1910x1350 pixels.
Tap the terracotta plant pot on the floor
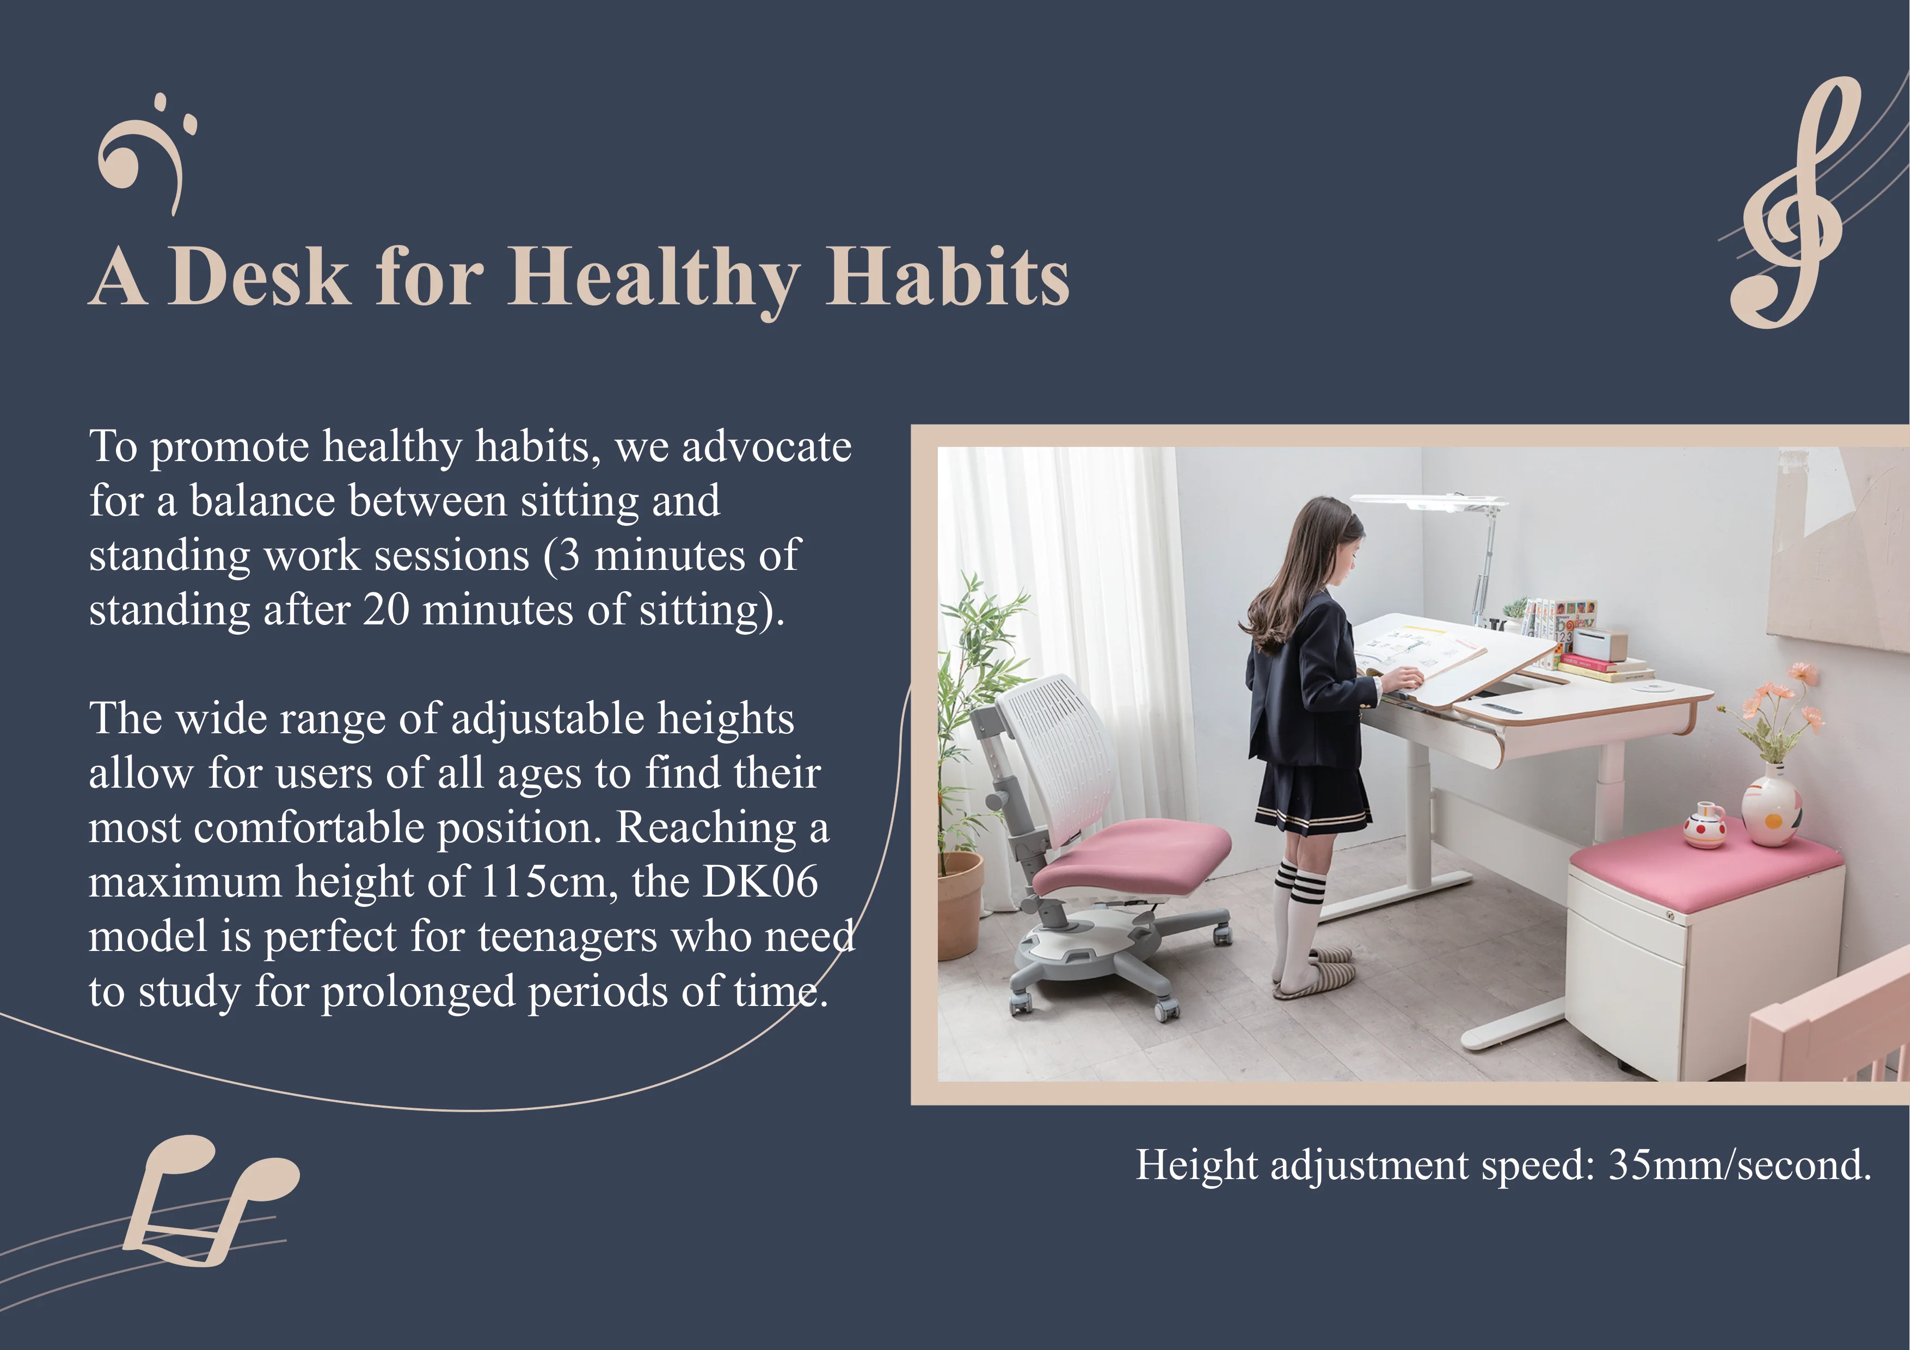pos(960,904)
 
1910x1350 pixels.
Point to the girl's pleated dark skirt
pos(1311,799)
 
